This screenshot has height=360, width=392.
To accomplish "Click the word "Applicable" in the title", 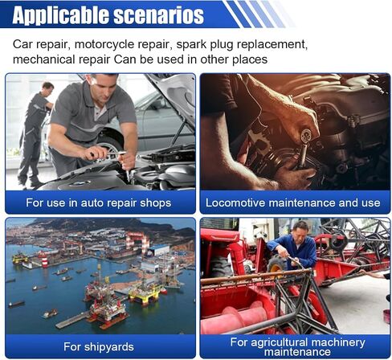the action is pyautogui.click(x=60, y=15).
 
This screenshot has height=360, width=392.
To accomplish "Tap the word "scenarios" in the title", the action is pyautogui.click(x=159, y=15).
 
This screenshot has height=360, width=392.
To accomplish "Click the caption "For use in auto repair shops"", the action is pyautogui.click(x=99, y=202).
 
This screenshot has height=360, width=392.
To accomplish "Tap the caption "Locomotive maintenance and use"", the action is pyautogui.click(x=293, y=202).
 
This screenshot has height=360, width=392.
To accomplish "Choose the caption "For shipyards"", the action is pyautogui.click(x=99, y=346).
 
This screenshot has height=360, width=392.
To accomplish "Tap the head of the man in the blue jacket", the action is pyautogui.click(x=300, y=230).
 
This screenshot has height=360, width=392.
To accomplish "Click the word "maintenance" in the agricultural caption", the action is pyautogui.click(x=297, y=352).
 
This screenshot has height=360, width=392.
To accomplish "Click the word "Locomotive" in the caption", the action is pyautogui.click(x=235, y=202).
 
